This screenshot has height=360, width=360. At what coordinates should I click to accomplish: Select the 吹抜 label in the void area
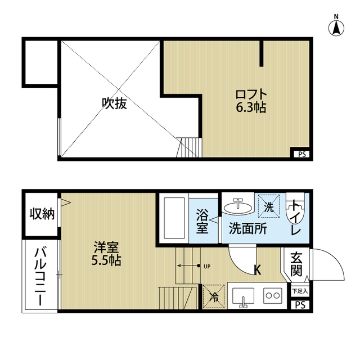[x=114, y=103]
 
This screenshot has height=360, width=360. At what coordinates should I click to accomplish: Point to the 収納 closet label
[x=42, y=214]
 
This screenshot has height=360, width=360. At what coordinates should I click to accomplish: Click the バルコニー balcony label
[x=42, y=276]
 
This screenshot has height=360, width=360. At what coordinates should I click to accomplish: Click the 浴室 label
[x=202, y=222]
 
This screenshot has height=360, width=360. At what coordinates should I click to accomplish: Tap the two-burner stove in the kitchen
[x=273, y=295]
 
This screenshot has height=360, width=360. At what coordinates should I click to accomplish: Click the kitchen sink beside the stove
[x=243, y=295]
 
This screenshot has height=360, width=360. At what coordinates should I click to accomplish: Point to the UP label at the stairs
[x=206, y=266]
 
